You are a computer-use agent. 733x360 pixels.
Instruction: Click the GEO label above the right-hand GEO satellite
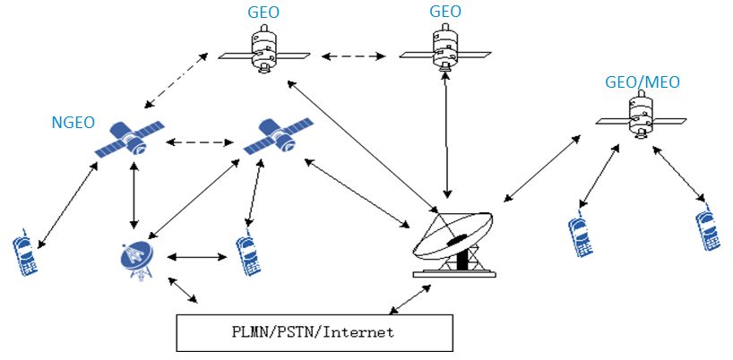[x=444, y=13]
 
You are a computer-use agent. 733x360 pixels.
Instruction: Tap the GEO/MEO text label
[x=642, y=82]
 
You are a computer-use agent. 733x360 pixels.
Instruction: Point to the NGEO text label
[x=73, y=122]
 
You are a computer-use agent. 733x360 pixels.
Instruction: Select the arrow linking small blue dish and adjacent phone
[x=198, y=258]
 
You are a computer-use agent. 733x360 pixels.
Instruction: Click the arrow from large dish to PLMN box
[x=409, y=300]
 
